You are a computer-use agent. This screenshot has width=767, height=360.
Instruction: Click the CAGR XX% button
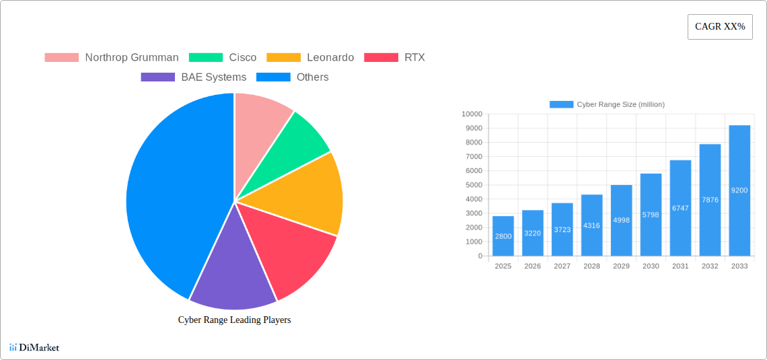(720, 27)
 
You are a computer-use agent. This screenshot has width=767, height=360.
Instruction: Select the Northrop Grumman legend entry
(112, 58)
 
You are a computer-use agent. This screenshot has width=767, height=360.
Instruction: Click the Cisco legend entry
(223, 58)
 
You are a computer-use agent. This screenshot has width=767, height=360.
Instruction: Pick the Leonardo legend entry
(310, 58)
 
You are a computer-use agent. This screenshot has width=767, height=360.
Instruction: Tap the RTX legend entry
(394, 58)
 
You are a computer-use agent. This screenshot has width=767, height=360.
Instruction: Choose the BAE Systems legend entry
(194, 77)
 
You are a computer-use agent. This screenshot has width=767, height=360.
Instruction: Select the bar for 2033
(739, 190)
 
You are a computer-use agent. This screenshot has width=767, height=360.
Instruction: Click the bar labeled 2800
(503, 236)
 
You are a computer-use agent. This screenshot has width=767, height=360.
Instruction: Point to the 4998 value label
(622, 220)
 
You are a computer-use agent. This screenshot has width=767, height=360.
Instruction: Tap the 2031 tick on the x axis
(680, 266)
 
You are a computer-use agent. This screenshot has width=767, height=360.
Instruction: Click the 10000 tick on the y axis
(472, 114)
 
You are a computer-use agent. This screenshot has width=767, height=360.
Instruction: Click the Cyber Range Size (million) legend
(607, 104)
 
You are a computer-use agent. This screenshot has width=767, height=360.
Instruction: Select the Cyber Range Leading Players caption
(234, 320)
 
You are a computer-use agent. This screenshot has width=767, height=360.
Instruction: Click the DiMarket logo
(34, 348)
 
